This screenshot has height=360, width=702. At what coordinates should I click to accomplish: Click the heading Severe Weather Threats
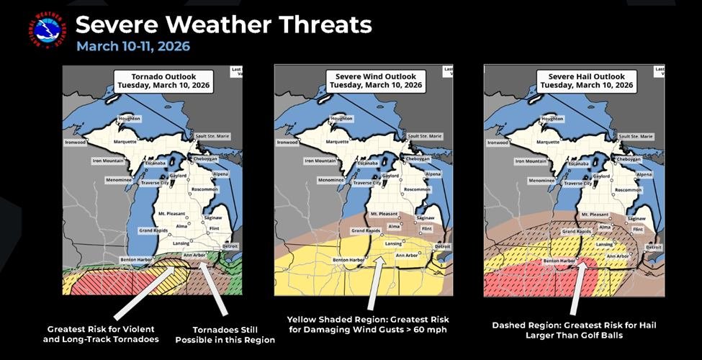click(x=223, y=25)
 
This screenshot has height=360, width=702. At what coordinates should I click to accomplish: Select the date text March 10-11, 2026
click(x=133, y=47)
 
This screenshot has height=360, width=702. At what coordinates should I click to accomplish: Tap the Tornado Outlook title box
click(x=163, y=80)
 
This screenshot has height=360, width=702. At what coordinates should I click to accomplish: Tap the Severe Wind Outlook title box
click(x=375, y=80)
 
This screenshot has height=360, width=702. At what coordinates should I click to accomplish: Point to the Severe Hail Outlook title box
click(x=585, y=80)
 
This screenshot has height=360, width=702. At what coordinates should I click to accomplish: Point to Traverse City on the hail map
click(x=582, y=184)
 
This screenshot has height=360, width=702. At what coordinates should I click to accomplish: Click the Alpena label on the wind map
click(x=433, y=174)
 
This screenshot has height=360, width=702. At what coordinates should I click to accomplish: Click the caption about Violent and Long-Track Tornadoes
click(x=104, y=334)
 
